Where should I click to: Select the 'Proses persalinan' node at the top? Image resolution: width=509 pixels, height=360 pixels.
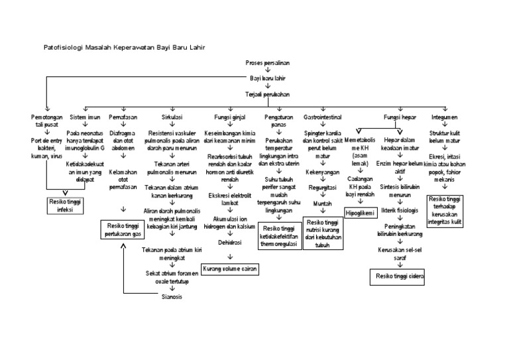(x=268, y=62)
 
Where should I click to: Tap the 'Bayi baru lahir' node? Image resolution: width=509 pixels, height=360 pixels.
(x=268, y=78)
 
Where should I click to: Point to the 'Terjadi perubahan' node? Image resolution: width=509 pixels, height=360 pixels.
(x=268, y=94)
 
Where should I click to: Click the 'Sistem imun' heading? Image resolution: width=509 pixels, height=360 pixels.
(x=85, y=117)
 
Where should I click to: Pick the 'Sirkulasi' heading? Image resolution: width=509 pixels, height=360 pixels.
(x=172, y=117)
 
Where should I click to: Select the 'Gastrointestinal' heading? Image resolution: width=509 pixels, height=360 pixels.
(x=323, y=117)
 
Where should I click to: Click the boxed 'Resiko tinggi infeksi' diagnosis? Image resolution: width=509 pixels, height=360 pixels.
(x=68, y=206)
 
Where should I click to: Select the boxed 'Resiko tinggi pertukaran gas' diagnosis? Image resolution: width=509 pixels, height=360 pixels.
(x=123, y=230)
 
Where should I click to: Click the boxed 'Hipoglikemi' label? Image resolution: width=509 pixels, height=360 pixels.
(x=361, y=213)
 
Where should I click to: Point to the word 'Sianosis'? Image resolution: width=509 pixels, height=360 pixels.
(x=172, y=296)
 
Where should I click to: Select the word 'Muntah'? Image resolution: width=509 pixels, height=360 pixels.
(x=323, y=204)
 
